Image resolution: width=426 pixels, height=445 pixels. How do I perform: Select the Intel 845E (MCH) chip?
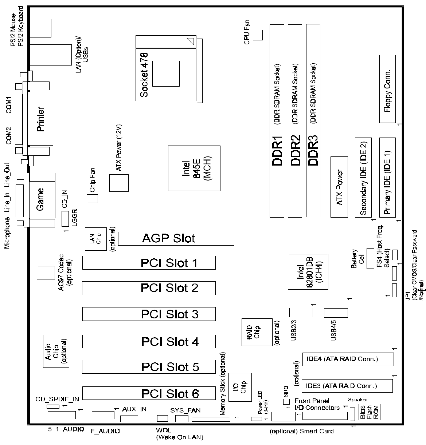pyautogui.click(x=194, y=168)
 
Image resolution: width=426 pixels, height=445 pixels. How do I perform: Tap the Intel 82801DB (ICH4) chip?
pyautogui.click(x=307, y=271)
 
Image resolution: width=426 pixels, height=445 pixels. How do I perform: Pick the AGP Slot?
pyautogui.click(x=176, y=238)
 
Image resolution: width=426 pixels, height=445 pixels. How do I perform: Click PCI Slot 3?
pyautogui.click(x=149, y=314)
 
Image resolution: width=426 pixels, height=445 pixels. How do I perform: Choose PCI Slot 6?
pyautogui.click(x=149, y=393)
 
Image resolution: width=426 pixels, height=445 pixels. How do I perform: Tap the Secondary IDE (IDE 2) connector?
pyautogui.click(x=363, y=177)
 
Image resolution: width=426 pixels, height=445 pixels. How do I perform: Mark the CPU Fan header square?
pyautogui.click(x=258, y=35)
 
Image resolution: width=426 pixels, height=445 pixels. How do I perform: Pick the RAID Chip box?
pyautogui.click(x=257, y=332)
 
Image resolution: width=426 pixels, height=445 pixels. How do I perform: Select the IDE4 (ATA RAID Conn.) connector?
pyautogui.click(x=348, y=359)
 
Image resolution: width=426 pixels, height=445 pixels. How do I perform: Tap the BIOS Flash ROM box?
pyautogui.click(x=369, y=412)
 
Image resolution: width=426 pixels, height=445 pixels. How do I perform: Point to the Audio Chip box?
pyautogui.click(x=56, y=351)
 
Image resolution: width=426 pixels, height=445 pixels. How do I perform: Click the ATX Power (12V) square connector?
pyautogui.click(x=119, y=183)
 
